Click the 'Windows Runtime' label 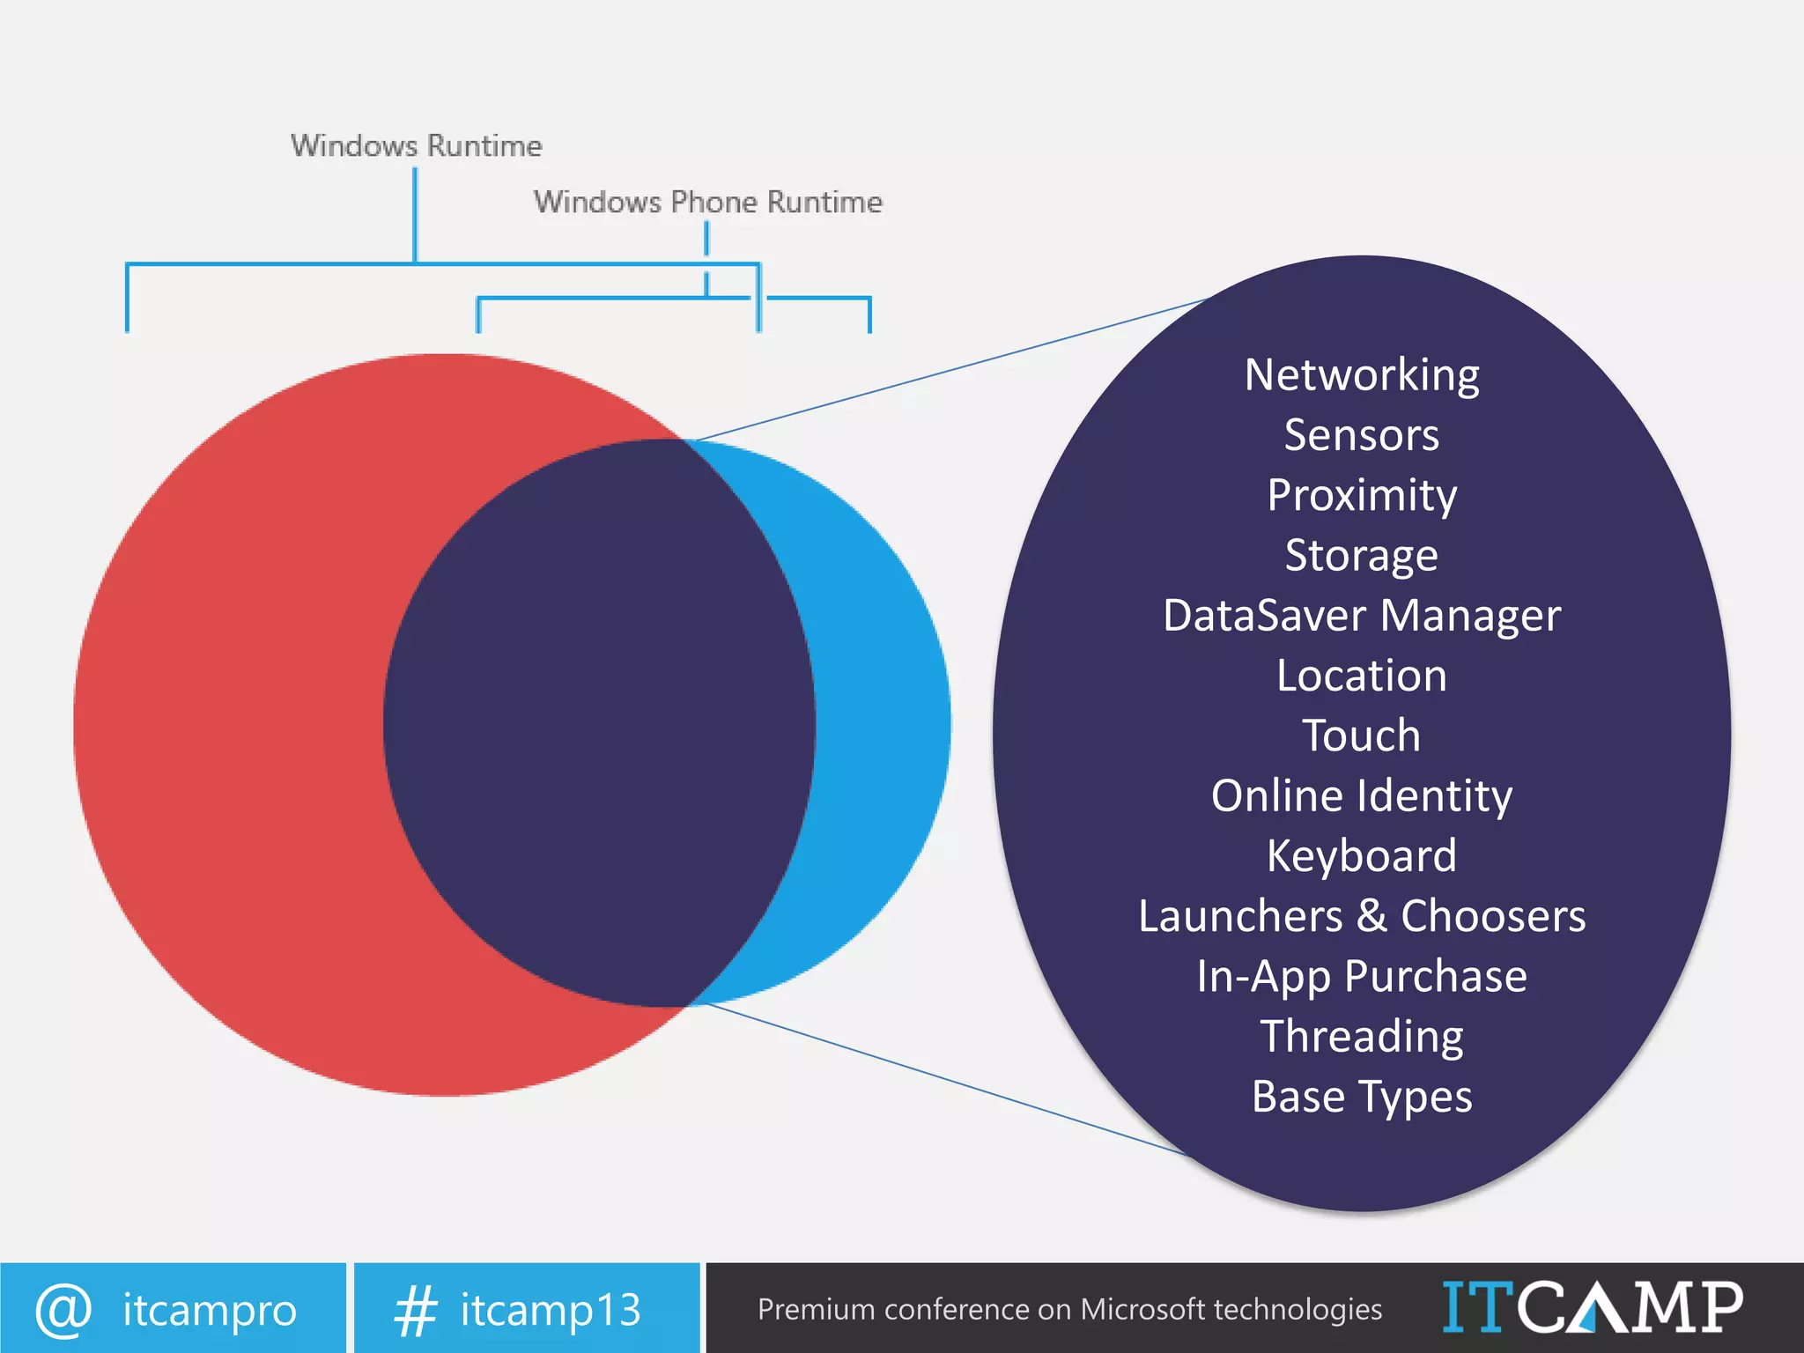point(416,145)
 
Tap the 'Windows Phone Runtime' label point(707,202)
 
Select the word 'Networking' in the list point(1362,375)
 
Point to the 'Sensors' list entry point(1362,435)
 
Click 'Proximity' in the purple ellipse point(1362,495)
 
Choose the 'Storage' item point(1362,556)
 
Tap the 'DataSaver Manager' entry point(1362,616)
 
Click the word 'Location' point(1362,676)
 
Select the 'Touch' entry point(1362,736)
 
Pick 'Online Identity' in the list point(1362,796)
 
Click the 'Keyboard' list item point(1362,856)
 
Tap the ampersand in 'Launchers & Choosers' point(1371,916)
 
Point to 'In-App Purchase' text point(1362,976)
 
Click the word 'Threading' point(1362,1037)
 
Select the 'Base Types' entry point(1362,1097)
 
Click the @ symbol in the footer point(63,1310)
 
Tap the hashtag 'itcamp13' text point(551,1310)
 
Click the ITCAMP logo point(1593,1308)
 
